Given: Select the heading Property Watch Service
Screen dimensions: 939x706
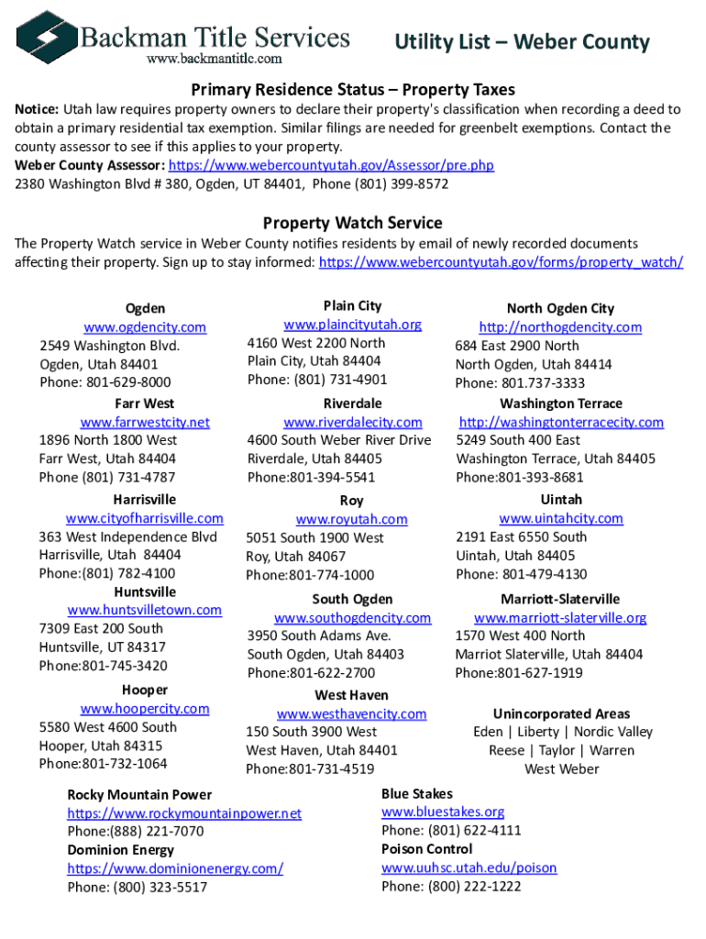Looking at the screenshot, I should click(352, 223).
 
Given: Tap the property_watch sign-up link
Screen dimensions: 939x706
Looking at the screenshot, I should click(500, 262).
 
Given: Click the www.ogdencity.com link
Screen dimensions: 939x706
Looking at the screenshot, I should click(145, 327).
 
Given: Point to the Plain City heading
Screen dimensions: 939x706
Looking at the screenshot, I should click(352, 305).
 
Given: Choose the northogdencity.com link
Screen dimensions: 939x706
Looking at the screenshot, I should click(559, 327).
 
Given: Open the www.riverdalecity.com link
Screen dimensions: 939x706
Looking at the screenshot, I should click(352, 422).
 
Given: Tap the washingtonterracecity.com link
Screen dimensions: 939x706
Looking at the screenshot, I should click(560, 422).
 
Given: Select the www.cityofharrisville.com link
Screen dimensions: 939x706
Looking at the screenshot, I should click(145, 518).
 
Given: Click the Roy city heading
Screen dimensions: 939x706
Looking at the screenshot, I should click(351, 501).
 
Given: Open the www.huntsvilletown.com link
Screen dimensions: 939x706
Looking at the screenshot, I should click(145, 610).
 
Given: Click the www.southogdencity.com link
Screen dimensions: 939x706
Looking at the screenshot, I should click(352, 618).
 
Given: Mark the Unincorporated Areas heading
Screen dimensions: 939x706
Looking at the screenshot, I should click(561, 713).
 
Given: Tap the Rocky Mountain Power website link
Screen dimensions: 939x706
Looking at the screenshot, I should click(184, 813).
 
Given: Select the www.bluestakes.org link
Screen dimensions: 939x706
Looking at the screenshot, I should click(443, 812).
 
